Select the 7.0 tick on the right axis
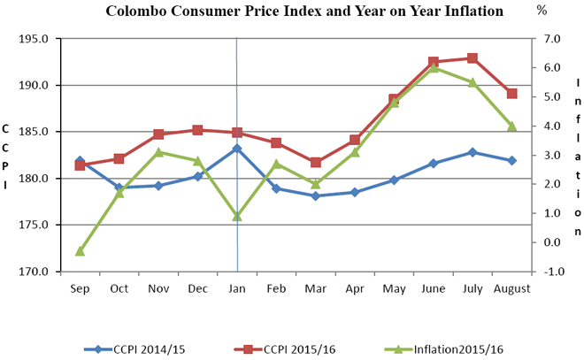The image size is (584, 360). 552,40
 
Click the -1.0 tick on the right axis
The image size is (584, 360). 552,272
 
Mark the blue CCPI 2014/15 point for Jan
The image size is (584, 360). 237,149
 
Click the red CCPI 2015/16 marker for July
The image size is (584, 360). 473,58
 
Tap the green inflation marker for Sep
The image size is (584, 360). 80,251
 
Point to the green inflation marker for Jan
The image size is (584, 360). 237,216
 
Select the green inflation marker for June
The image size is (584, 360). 434,67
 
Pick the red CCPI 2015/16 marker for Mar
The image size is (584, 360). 316,163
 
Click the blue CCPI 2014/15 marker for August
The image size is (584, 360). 511,160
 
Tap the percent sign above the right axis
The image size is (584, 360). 542,11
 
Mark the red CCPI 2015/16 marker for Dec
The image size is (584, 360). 197,130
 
